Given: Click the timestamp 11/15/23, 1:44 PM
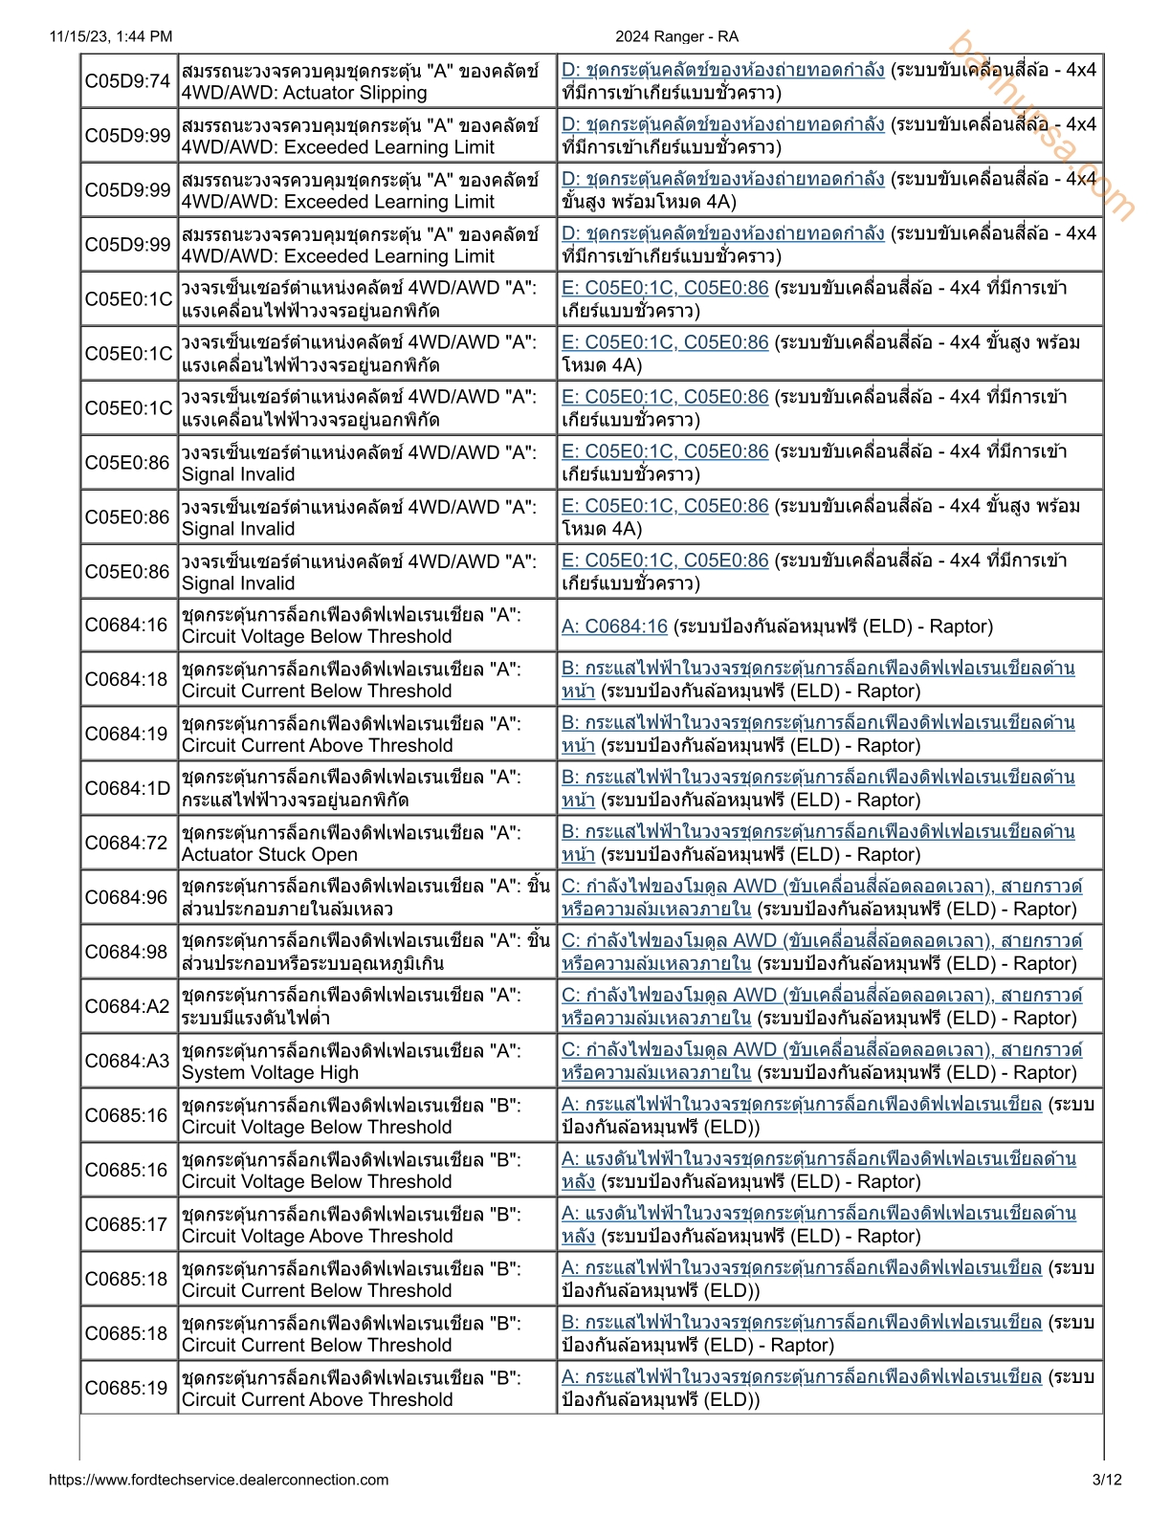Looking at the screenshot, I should (x=111, y=36).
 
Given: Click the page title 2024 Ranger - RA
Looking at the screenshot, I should (x=676, y=36).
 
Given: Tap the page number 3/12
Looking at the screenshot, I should (x=1107, y=1480).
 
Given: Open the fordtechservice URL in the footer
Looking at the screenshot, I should (x=218, y=1480).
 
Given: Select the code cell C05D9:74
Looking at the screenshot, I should (x=128, y=81).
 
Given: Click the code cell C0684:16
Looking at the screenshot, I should (x=128, y=626).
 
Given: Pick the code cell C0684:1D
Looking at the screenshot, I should (x=128, y=789).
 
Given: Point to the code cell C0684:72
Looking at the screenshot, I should (x=128, y=844).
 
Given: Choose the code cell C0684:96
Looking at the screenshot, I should (x=128, y=898).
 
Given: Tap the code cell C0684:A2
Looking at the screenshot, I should (x=128, y=1007).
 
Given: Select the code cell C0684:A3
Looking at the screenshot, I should (x=128, y=1062).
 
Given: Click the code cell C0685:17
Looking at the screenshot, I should (x=128, y=1225).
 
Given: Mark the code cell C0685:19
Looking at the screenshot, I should (x=128, y=1389).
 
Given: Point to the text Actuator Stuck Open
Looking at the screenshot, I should (x=270, y=855).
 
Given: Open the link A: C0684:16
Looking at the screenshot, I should (x=614, y=626).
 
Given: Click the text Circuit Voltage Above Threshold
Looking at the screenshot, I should (x=318, y=1237).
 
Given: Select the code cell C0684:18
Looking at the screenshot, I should (x=128, y=680).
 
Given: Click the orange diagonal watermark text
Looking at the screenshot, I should (x=1042, y=125).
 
